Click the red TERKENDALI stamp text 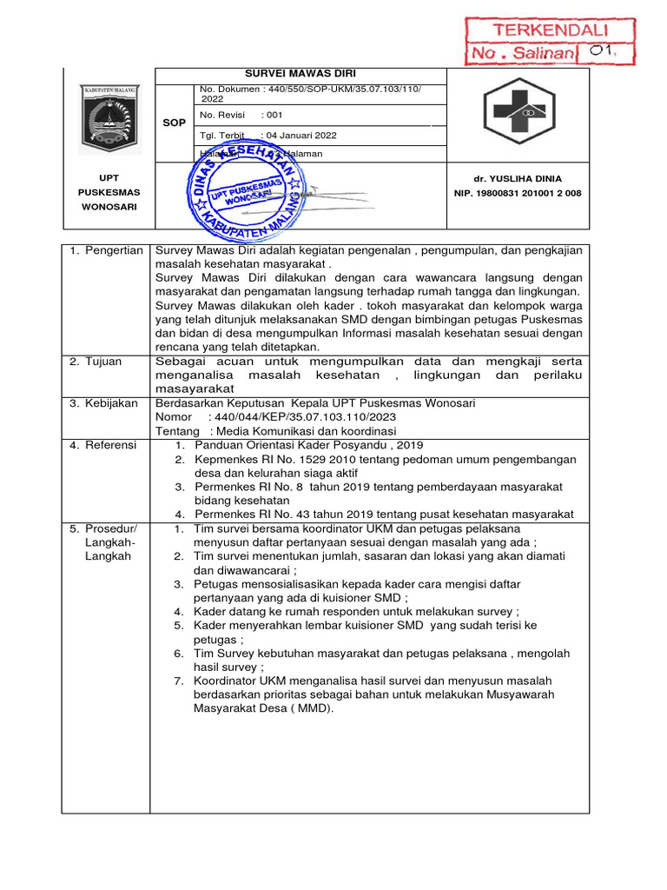coord(551,30)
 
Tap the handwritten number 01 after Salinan coord(602,52)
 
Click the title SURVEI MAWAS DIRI coord(300,74)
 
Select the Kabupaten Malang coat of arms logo coord(109,119)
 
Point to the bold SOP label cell coord(174,123)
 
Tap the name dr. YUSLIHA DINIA coord(518,178)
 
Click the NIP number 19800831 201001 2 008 coord(518,193)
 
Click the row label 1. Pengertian coord(106,250)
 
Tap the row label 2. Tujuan coord(96,362)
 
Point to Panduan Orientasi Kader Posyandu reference coord(309,445)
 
